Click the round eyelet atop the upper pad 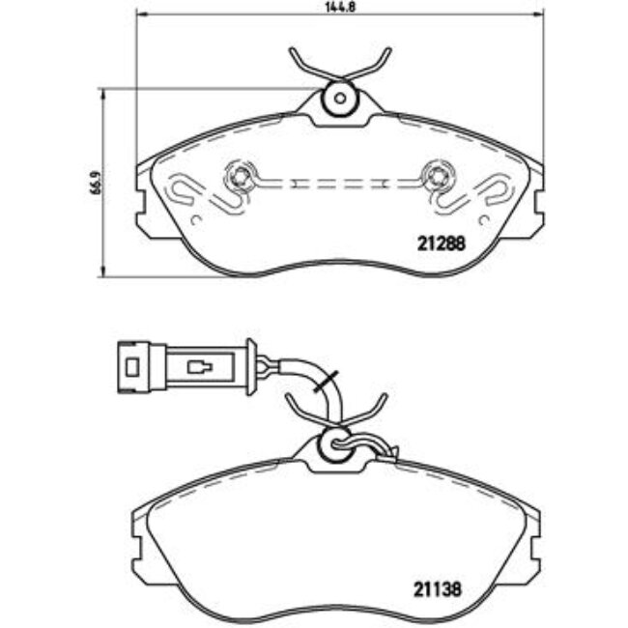coord(339,98)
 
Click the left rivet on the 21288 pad coord(241,177)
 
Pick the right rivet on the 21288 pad coord(437,177)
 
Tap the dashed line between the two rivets coord(338,182)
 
